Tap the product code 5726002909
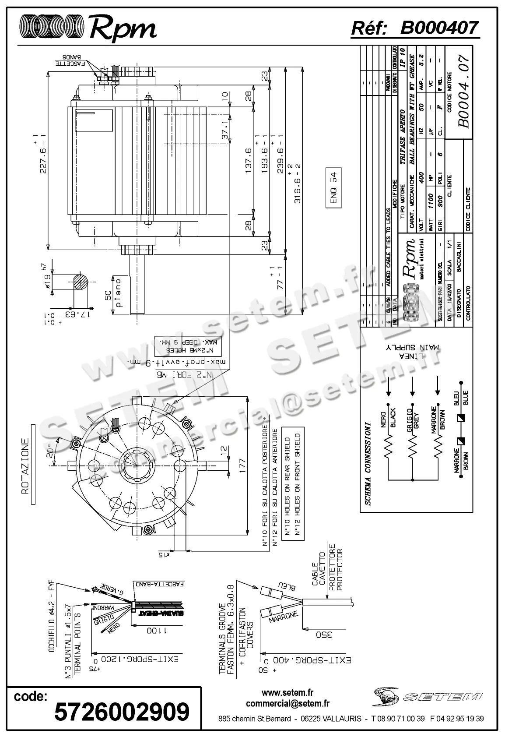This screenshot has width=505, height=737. pos(122,711)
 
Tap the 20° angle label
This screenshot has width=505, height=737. pos(52,451)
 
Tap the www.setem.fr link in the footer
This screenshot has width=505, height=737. pos(288,693)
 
